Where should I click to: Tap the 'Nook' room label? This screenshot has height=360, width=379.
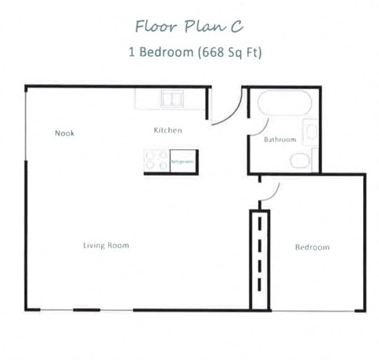pos(65,133)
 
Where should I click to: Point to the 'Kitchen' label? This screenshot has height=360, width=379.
pos(168,130)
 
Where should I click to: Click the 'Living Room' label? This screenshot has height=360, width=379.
pos(106,246)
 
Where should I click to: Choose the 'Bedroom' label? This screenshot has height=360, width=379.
pos(312,247)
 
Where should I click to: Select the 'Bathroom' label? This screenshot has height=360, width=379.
pos(280,140)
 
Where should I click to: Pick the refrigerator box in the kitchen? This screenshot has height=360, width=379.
pos(182,161)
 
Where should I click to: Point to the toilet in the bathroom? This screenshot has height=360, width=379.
pos(301,161)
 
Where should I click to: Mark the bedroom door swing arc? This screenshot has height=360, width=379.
pos(270,192)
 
